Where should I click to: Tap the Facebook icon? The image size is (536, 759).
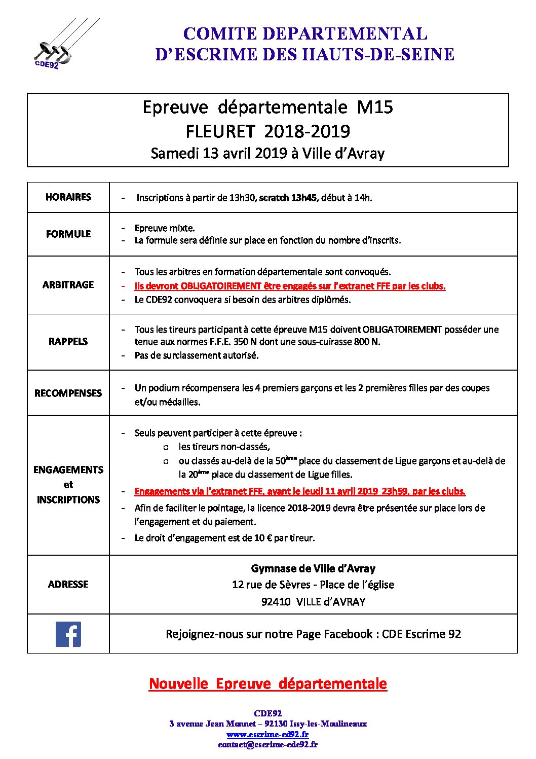click(68, 634)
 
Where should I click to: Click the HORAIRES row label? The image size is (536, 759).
click(68, 197)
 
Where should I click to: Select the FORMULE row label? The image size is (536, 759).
click(68, 234)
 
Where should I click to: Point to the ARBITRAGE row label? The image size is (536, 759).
click(68, 285)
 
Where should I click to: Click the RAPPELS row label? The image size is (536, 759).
click(68, 342)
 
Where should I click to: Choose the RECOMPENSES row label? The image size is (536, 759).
click(68, 393)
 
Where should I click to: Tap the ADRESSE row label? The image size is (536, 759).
click(68, 585)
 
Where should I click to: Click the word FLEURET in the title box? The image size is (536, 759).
click(220, 131)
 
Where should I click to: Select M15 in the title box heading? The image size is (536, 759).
click(375, 107)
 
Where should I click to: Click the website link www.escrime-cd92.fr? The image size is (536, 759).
click(267, 734)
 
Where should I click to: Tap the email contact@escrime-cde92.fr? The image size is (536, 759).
click(267, 745)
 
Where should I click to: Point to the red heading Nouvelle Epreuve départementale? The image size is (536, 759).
click(267, 684)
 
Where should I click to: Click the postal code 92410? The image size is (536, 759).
click(276, 602)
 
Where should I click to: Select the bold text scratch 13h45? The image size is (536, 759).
click(288, 198)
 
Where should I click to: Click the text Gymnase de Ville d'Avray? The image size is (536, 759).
click(313, 569)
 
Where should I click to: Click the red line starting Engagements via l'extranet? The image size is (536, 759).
click(300, 491)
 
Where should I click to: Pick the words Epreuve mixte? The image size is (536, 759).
click(165, 228)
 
